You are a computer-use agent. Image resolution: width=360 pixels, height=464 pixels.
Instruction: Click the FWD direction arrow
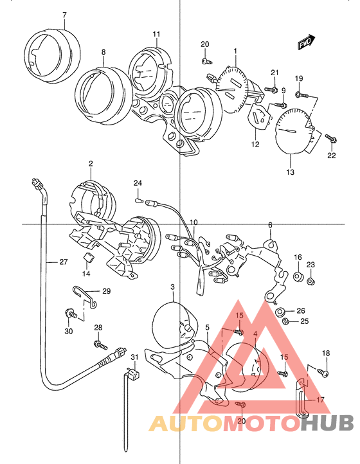[307, 42]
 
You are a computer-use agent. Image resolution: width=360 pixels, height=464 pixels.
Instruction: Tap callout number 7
[64, 15]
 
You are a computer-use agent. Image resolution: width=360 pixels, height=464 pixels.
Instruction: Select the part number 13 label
[291, 172]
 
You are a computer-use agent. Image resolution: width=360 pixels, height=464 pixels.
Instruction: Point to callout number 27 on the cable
[64, 262]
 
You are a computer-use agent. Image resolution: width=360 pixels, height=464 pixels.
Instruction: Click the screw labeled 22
[332, 139]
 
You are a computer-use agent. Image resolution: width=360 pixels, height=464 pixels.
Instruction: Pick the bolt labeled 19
[302, 95]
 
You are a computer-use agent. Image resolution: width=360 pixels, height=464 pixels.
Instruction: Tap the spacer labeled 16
[298, 277]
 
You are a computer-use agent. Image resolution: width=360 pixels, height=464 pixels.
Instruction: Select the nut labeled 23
[310, 281]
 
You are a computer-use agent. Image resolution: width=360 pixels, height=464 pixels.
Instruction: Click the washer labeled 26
[280, 312]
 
